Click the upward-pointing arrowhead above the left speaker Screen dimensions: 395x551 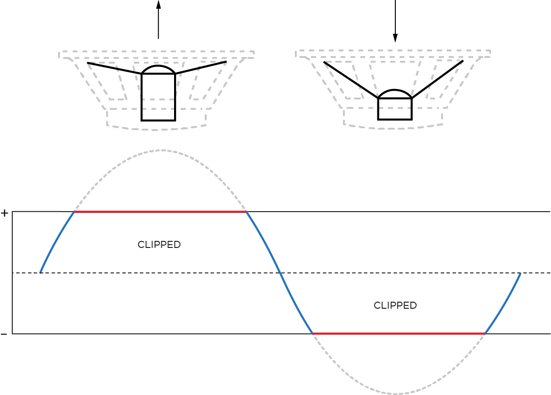click(x=159, y=4)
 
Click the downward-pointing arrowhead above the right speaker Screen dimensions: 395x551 click(x=395, y=38)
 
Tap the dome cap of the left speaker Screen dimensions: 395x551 click(x=159, y=69)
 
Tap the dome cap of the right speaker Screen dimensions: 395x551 click(x=395, y=94)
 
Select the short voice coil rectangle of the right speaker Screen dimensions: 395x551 click(x=395, y=109)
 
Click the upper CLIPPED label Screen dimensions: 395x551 click(x=159, y=245)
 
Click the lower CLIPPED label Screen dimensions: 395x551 click(x=395, y=305)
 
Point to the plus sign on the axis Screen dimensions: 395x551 click(x=5, y=214)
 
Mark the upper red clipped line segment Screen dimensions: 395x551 click(x=160, y=212)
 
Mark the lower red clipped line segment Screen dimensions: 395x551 click(x=399, y=334)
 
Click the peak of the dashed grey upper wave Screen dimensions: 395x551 click(x=162, y=150)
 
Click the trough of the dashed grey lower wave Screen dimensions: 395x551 click(x=396, y=394)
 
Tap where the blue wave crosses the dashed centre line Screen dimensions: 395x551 click(x=281, y=273)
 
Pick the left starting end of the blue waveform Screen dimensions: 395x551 click(x=41, y=272)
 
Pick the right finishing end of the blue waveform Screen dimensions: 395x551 click(x=520, y=273)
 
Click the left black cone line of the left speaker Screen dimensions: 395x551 click(x=115, y=68)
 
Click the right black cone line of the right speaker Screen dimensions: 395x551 click(x=437, y=79)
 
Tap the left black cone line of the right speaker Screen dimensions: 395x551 click(x=351, y=80)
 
